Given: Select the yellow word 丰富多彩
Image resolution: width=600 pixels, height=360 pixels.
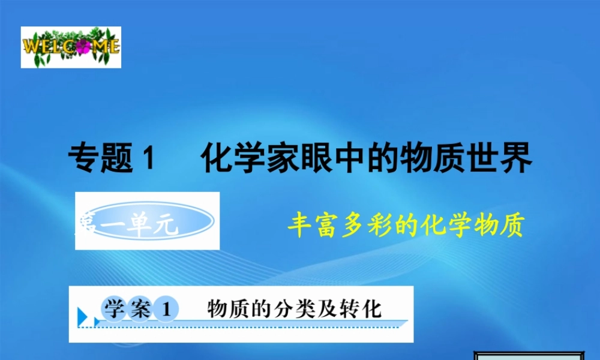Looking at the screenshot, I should [335, 226].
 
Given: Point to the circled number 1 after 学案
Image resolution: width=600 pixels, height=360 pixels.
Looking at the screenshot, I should [166, 310].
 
